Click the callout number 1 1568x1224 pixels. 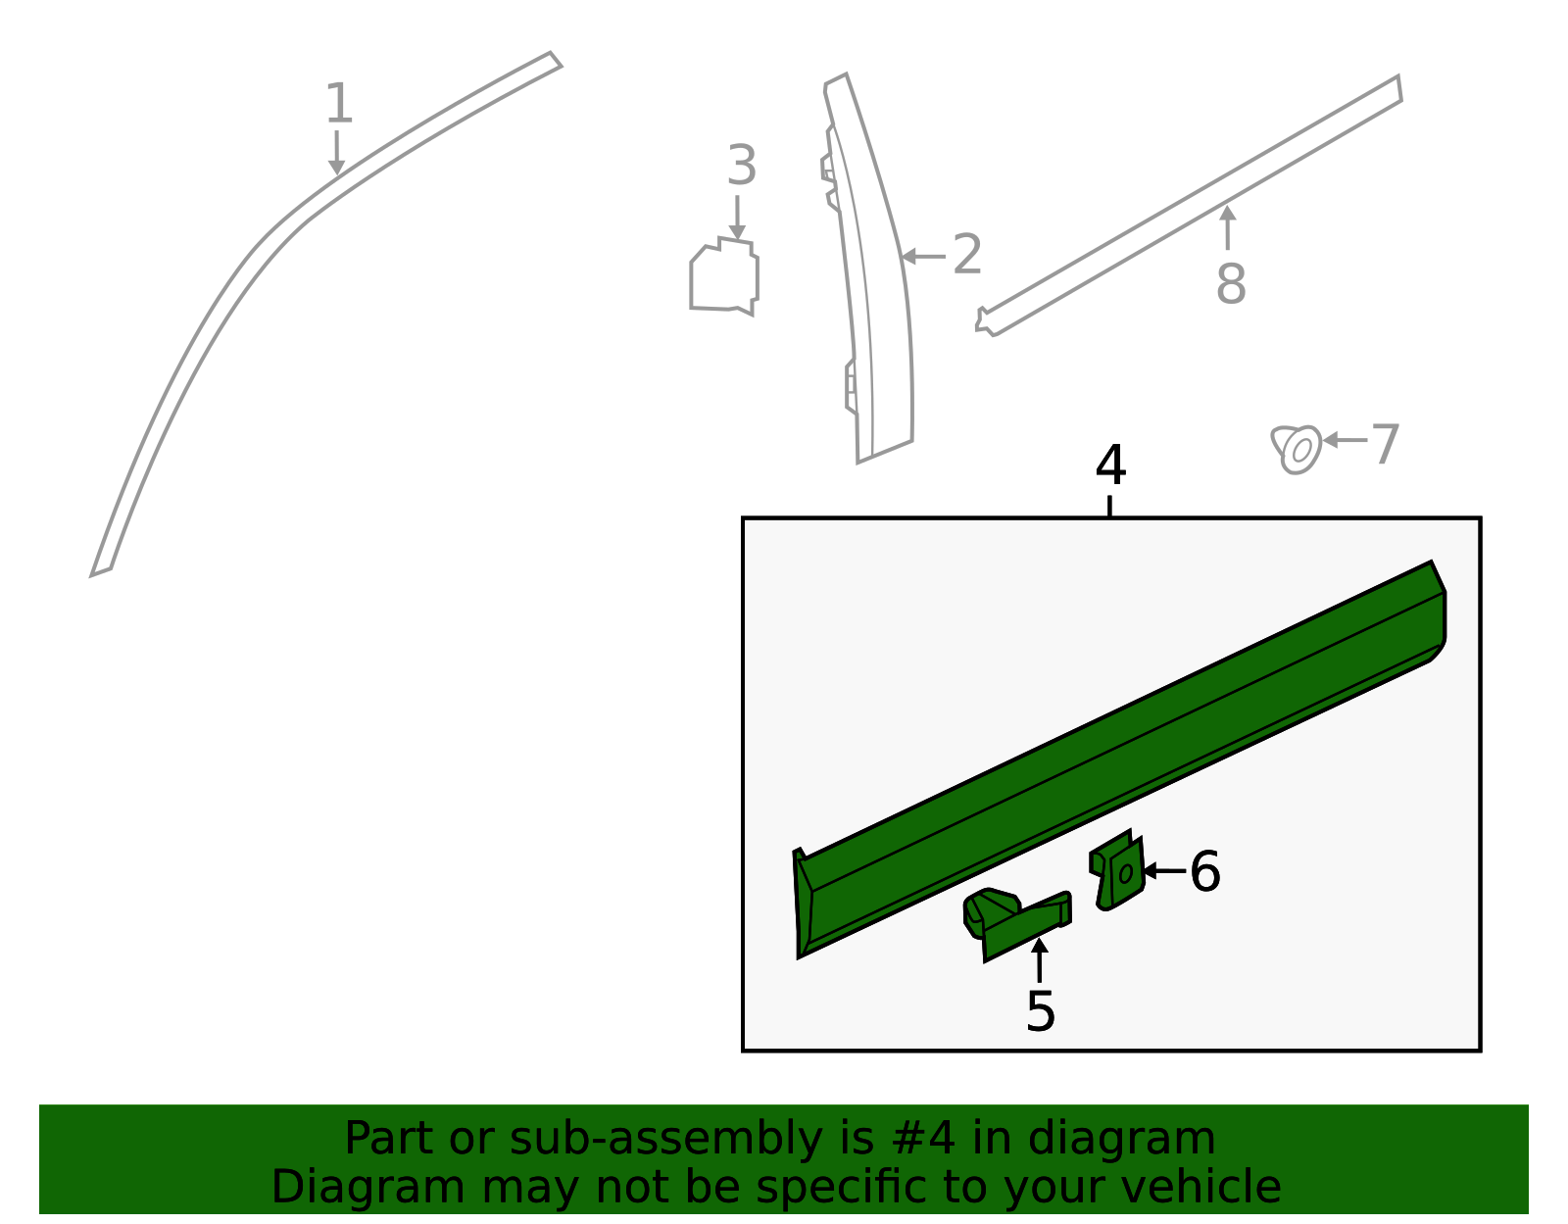(x=339, y=103)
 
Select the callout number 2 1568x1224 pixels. (x=967, y=255)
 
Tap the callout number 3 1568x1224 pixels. (x=742, y=166)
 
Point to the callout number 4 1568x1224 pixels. (x=1110, y=465)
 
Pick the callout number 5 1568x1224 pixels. (x=1041, y=1012)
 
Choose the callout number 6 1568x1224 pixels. (x=1205, y=872)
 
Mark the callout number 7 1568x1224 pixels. (x=1385, y=444)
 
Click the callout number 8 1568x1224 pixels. (x=1231, y=283)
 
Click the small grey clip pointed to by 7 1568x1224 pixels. (x=1296, y=449)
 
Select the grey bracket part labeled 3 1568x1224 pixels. (x=724, y=276)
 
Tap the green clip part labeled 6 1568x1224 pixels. (x=1118, y=870)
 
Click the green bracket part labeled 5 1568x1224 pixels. (x=1017, y=924)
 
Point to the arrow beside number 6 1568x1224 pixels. (x=1164, y=871)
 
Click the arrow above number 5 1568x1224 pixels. (x=1039, y=960)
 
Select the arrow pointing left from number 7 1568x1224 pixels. (x=1346, y=440)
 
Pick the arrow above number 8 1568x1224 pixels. (x=1227, y=227)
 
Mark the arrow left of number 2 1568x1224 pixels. (x=923, y=256)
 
